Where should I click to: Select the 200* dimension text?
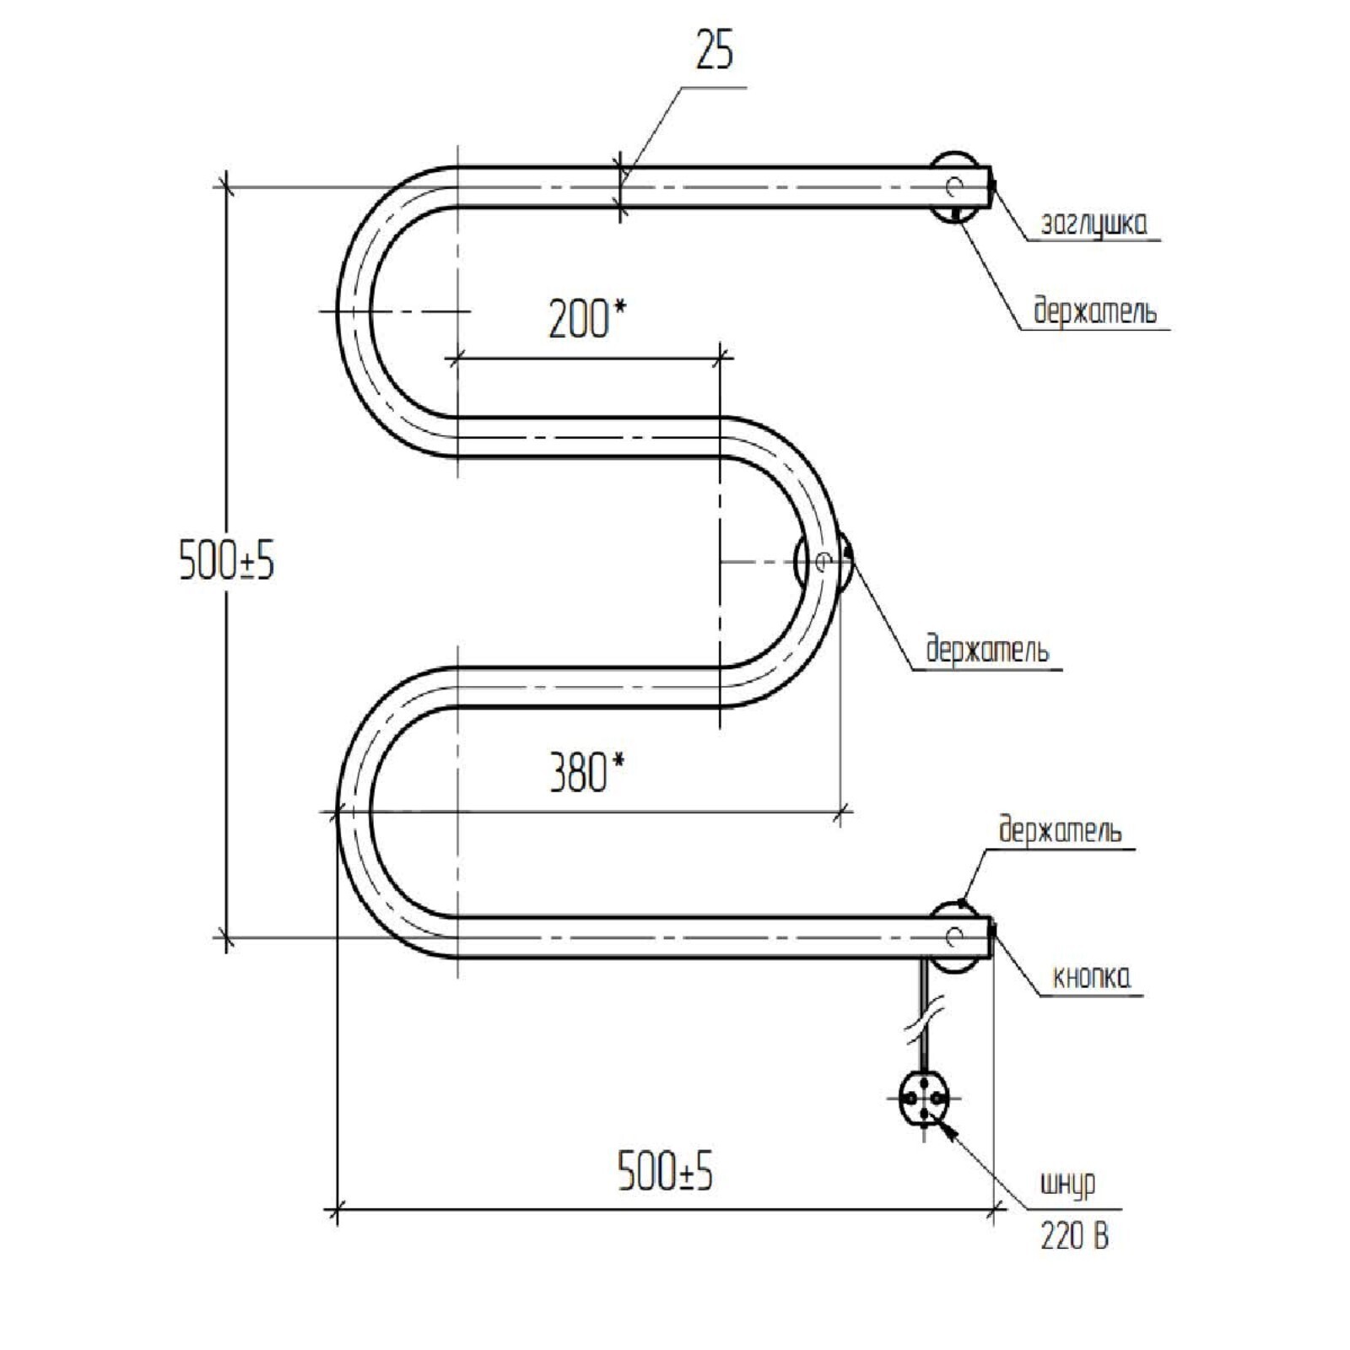[588, 318]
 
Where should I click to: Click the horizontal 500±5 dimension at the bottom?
[666, 1172]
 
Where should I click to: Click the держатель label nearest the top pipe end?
[1095, 312]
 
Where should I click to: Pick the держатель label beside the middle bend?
[987, 651]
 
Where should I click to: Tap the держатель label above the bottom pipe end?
[1060, 829]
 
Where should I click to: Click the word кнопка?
[1092, 977]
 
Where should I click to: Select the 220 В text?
[1074, 1237]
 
